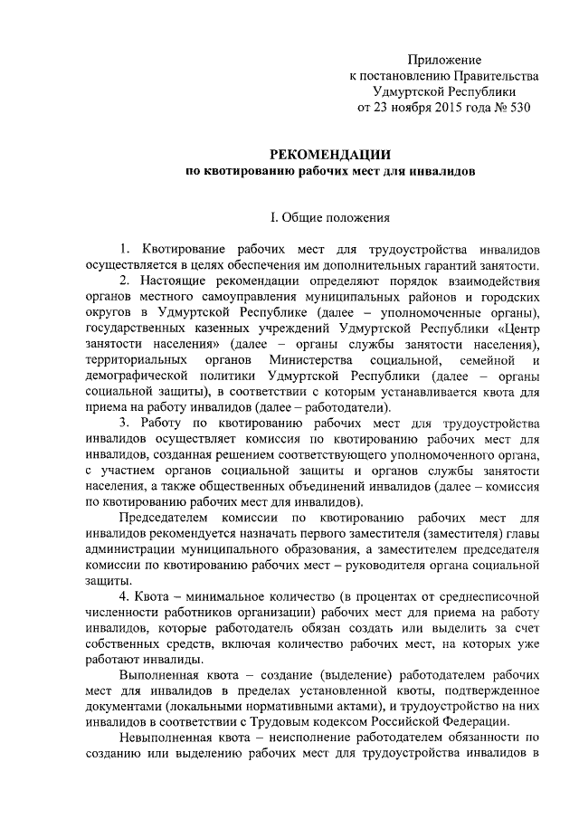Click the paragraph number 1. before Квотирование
[x=125, y=249]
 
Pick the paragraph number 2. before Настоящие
[x=125, y=281]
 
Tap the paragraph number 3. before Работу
[x=125, y=423]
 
